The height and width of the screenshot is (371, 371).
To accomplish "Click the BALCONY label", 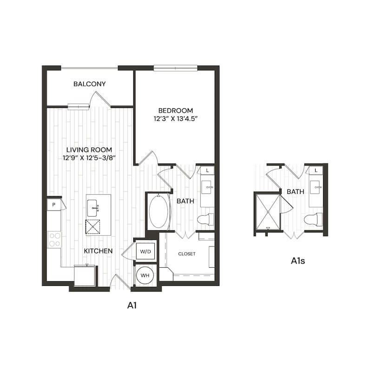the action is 89,84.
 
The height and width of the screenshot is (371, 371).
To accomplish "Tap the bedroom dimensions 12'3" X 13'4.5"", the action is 176,119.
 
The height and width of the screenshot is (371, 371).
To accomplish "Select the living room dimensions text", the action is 89,158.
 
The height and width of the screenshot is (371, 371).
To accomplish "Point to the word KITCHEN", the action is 98,251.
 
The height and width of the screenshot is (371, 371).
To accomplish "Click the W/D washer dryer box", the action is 145,252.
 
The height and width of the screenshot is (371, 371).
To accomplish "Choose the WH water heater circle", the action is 145,275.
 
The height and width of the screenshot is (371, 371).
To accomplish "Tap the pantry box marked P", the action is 54,205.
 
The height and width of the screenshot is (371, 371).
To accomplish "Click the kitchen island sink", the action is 92,208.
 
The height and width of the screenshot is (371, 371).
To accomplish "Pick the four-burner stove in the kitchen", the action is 55,240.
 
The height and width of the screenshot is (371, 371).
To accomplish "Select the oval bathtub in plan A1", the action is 159,211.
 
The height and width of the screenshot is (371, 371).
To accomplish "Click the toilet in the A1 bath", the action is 205,219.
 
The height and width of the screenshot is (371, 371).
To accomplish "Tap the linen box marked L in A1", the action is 207,170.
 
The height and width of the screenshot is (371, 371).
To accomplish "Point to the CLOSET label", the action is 187,254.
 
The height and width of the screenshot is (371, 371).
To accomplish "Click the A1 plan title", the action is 132,305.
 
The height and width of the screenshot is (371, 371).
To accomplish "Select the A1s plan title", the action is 298,261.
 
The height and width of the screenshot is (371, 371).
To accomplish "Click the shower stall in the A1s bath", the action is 268,212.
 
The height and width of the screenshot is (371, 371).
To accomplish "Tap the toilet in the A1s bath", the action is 313,219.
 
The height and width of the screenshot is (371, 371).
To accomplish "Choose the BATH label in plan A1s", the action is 296,192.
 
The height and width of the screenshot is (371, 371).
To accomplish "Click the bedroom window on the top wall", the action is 176,68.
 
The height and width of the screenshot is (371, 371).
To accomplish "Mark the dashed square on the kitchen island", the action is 93,227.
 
